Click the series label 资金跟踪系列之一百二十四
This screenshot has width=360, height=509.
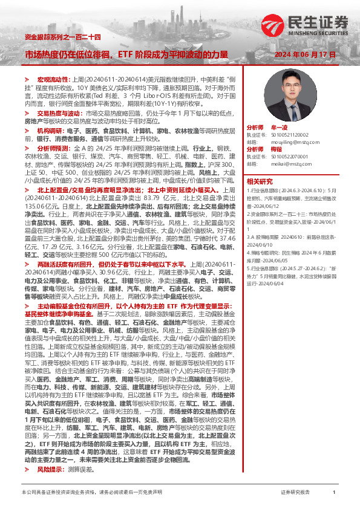tap(57, 37)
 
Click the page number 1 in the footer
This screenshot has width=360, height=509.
tap(334, 493)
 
